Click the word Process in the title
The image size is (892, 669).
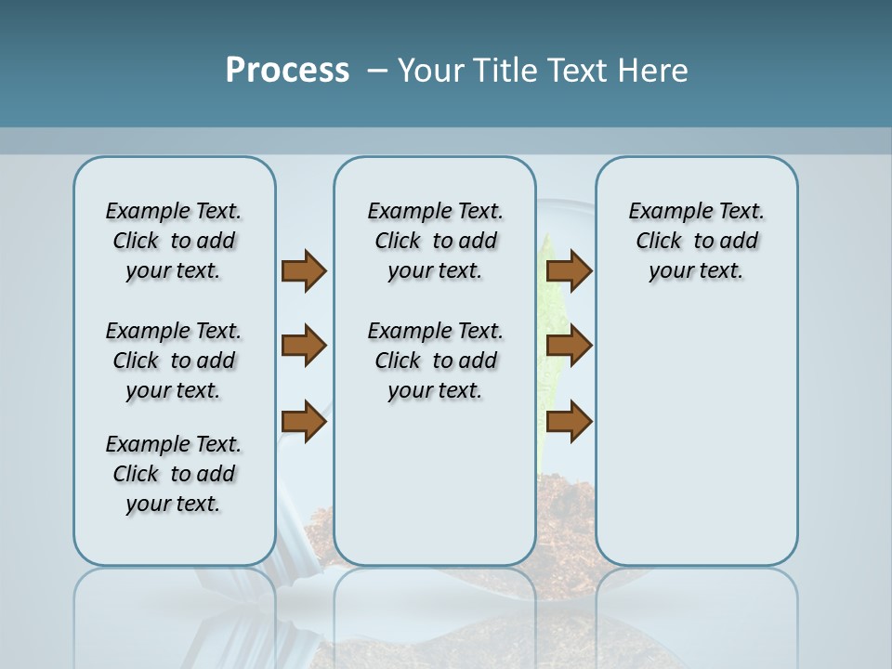(287, 71)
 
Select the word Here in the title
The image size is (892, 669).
(653, 71)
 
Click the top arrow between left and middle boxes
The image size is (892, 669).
(304, 270)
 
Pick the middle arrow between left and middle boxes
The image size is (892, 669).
(304, 346)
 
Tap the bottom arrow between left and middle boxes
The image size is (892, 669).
(304, 421)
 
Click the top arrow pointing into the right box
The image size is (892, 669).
(569, 270)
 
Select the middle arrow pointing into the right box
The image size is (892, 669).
(569, 346)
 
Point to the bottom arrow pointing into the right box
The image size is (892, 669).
(569, 421)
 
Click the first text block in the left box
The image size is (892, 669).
(174, 241)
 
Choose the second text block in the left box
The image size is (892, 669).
(174, 361)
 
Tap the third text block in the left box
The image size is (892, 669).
(174, 474)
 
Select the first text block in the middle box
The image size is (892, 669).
(435, 241)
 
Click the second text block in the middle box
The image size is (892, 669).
(435, 361)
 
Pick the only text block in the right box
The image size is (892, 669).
(696, 241)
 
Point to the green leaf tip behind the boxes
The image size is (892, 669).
(545, 247)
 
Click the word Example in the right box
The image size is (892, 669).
(663, 212)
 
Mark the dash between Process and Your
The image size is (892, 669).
(377, 71)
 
